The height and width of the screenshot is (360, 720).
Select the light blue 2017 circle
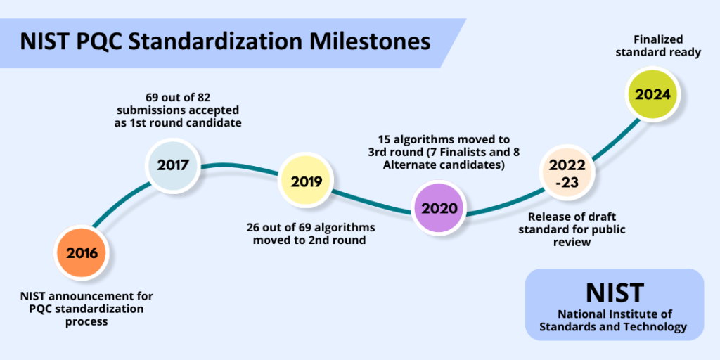pos(173,166)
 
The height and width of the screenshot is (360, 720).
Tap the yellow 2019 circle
pos(307,181)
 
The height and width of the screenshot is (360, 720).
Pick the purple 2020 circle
pos(439,208)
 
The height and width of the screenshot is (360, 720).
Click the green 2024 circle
pos(653,94)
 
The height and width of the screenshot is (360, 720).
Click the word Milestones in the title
pos(368,41)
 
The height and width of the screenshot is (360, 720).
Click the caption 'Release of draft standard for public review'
pos(577,229)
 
